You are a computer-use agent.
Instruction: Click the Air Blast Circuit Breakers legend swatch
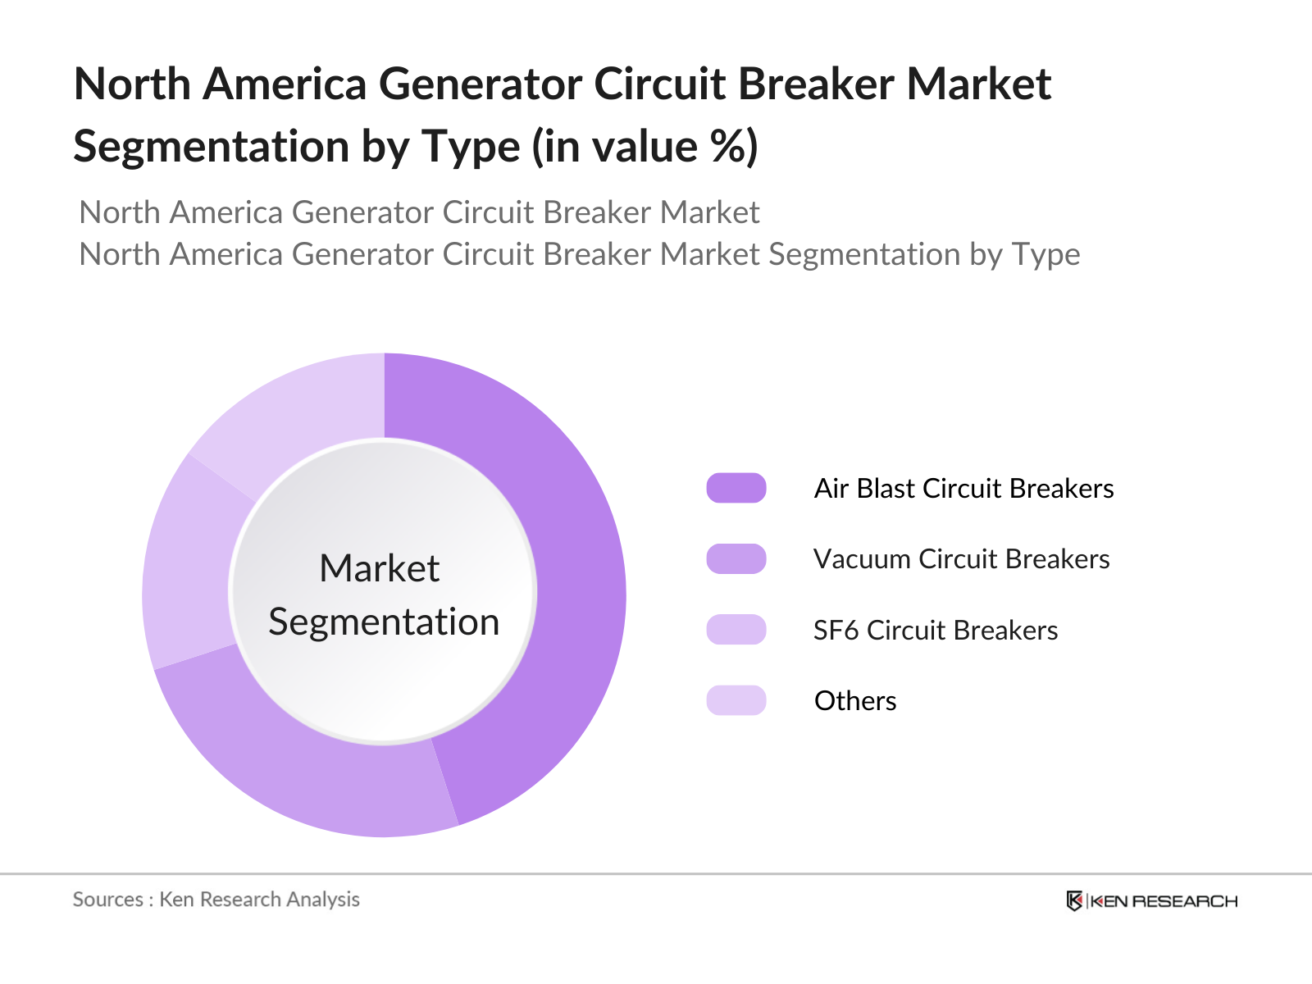(x=736, y=488)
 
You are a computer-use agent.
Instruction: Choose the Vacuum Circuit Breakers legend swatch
(x=736, y=558)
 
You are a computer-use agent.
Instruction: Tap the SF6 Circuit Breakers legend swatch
(x=736, y=630)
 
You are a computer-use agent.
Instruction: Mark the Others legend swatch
(x=736, y=700)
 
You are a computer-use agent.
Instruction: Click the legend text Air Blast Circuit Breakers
(x=963, y=488)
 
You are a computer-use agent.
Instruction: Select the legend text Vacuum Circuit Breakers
(x=961, y=558)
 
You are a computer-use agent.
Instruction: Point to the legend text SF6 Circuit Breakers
(x=935, y=630)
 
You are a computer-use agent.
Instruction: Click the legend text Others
(x=855, y=700)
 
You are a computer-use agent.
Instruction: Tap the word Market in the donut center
(x=380, y=568)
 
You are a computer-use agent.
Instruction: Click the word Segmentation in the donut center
(x=384, y=622)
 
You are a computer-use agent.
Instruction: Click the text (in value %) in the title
(x=645, y=148)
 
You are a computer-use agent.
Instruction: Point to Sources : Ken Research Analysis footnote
(x=216, y=900)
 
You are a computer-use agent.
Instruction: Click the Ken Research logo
(x=1152, y=901)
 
